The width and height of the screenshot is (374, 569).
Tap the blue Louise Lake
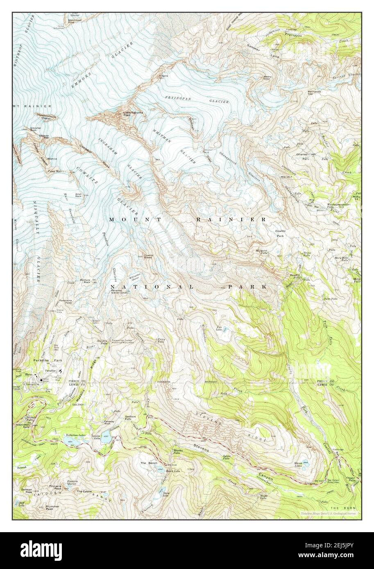point(105,433)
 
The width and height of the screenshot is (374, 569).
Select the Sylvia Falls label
point(227,457)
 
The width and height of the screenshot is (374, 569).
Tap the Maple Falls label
point(263,497)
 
